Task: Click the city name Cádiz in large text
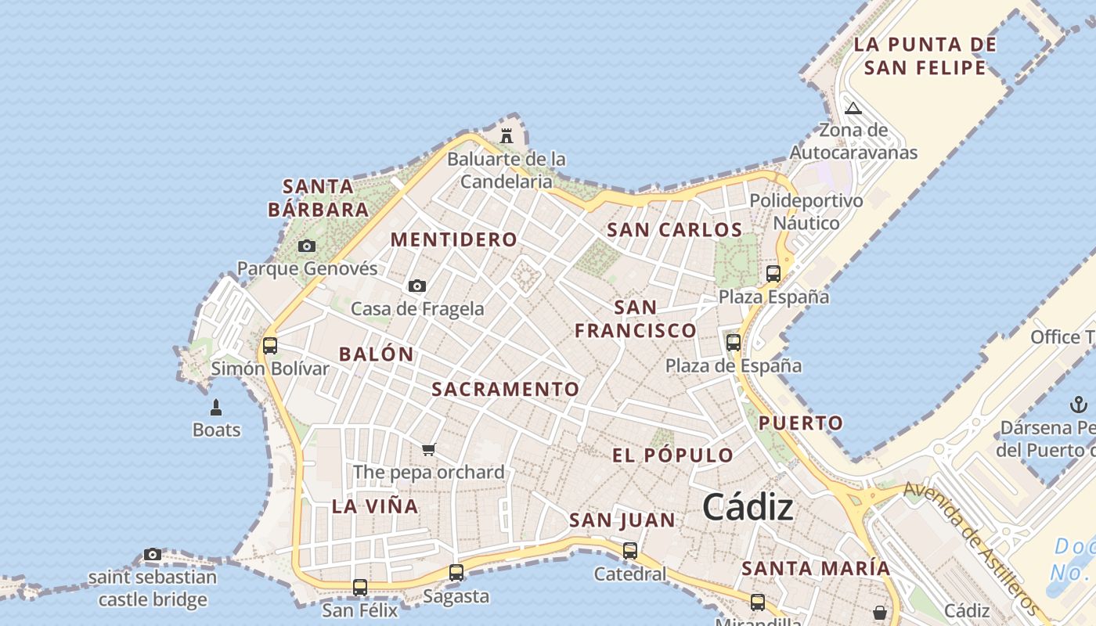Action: click(748, 508)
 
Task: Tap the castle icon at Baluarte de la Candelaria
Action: click(507, 135)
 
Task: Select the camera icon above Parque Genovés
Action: click(307, 246)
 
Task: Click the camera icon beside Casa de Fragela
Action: click(417, 286)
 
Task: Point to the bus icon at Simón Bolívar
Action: click(270, 345)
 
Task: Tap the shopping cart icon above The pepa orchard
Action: click(428, 449)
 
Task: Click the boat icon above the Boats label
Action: click(216, 407)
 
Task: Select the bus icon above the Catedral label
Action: click(630, 550)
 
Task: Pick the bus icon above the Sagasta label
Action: click(456, 572)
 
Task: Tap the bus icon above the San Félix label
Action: click(360, 587)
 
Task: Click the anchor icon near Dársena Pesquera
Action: click(1079, 405)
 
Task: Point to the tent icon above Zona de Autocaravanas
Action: click(853, 107)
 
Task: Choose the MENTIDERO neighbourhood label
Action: click(454, 239)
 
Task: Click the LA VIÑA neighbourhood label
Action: click(375, 506)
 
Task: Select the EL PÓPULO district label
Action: click(673, 455)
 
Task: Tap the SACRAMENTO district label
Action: click(506, 389)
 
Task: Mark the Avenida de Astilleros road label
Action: click(971, 548)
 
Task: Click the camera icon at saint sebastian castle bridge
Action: click(153, 554)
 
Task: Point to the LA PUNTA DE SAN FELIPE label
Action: click(925, 56)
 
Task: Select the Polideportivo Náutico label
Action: click(806, 211)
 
